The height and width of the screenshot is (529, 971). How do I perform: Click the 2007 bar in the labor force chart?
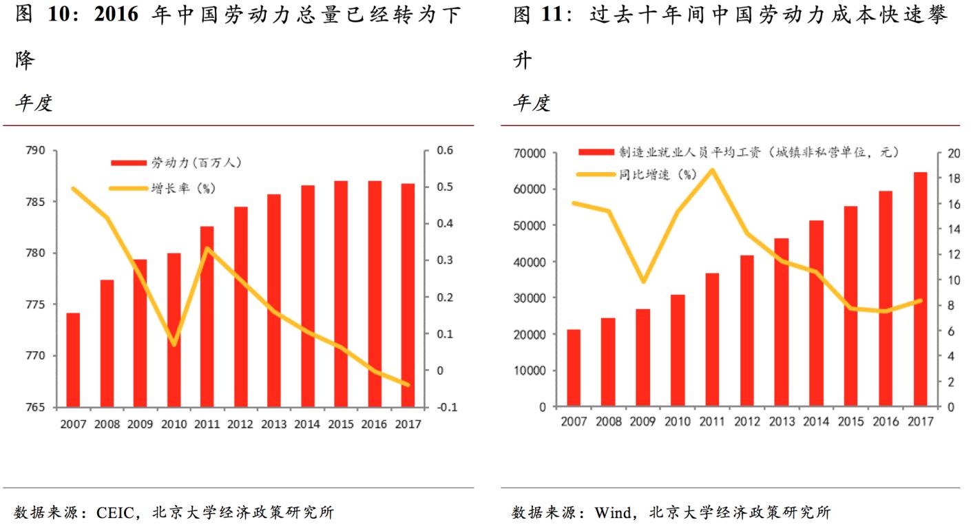73,360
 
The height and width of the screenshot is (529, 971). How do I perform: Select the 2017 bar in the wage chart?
920,289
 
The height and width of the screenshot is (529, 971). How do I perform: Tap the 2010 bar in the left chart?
174,330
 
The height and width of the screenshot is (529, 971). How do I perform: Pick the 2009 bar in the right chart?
643,357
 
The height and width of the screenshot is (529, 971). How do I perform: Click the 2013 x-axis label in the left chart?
273,424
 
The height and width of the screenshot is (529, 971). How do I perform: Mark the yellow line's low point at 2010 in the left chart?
174,343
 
